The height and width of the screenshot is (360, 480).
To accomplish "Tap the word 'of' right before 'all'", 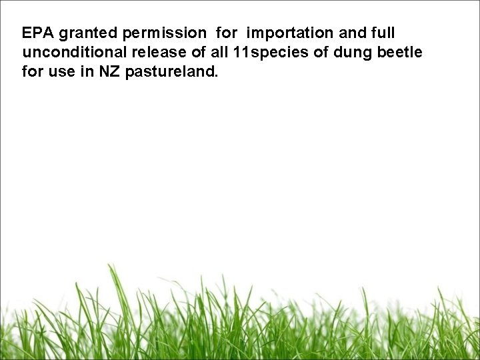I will (x=200, y=52).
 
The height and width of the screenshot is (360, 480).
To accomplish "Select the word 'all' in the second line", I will (x=222, y=52).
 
